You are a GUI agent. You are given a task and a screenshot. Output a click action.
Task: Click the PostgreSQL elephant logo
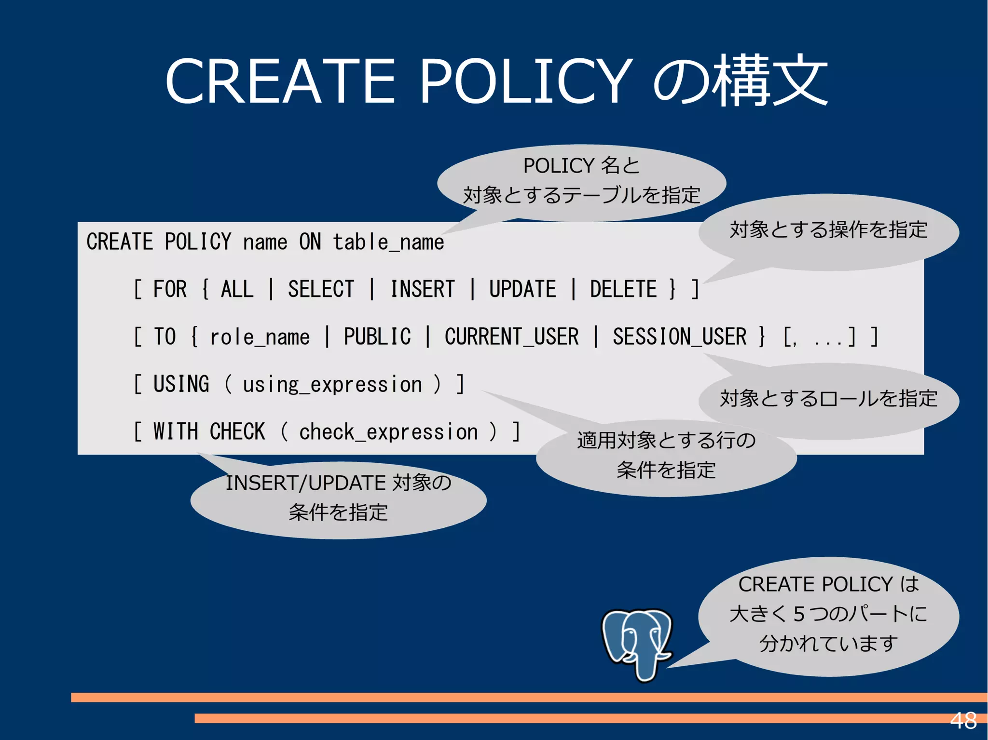(636, 644)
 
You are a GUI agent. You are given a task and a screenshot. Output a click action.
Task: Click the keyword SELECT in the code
(321, 289)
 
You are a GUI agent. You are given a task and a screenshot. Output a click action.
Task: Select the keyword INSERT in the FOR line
(422, 289)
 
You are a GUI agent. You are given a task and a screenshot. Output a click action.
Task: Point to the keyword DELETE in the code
(623, 289)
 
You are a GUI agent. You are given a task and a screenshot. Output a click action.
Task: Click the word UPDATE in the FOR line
(522, 289)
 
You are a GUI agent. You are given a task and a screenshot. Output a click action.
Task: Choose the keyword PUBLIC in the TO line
(377, 336)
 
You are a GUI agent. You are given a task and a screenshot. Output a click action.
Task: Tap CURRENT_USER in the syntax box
(511, 336)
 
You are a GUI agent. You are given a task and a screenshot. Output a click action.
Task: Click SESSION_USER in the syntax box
(679, 336)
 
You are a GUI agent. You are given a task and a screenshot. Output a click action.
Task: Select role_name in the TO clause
(260, 336)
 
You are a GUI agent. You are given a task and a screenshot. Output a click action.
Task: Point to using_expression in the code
(332, 384)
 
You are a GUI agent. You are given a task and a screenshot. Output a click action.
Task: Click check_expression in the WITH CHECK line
(388, 431)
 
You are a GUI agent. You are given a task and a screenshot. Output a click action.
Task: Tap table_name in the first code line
(388, 242)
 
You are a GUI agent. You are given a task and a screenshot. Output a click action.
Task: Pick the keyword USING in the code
(181, 384)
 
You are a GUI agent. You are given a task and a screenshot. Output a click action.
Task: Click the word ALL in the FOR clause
(237, 289)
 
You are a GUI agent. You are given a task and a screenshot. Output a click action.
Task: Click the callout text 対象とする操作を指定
(828, 229)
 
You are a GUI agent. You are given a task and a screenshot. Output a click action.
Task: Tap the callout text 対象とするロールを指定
(828, 399)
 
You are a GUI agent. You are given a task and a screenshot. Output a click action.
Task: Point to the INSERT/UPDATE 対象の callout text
(338, 483)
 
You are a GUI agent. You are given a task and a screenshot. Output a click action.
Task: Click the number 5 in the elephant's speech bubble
(799, 614)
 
